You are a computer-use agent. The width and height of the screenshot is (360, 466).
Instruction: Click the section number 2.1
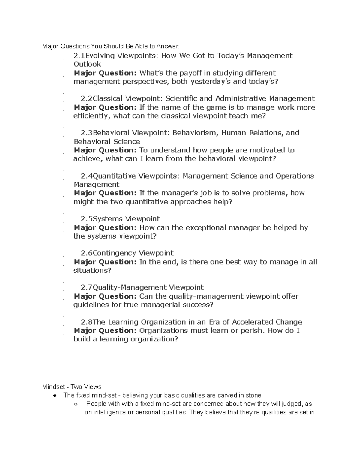click(79, 56)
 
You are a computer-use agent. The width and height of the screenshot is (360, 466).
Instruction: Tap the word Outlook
click(87, 64)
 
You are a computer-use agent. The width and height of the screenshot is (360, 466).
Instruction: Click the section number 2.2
click(87, 98)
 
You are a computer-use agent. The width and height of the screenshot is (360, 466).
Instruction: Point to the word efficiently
click(92, 116)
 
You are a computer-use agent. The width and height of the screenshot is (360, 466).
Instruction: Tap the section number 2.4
click(87, 176)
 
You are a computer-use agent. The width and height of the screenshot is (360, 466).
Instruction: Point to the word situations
click(92, 270)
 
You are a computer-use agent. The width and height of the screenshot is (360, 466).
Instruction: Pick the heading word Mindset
click(53, 387)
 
